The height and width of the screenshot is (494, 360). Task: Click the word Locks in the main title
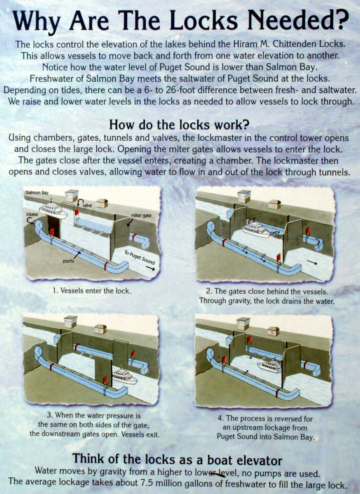tap(203, 21)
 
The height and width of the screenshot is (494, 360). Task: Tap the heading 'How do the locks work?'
tap(179, 125)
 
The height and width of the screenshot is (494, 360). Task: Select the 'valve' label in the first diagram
tap(87, 205)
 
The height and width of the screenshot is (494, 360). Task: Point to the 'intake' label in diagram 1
tap(32, 214)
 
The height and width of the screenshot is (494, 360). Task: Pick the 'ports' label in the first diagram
tap(68, 261)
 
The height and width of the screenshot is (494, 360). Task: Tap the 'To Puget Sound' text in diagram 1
tap(139, 258)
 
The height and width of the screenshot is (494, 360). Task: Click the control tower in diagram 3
tap(70, 322)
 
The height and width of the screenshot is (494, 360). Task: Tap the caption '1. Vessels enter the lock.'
tap(92, 291)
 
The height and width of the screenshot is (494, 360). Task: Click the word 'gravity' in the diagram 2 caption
tap(240, 301)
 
